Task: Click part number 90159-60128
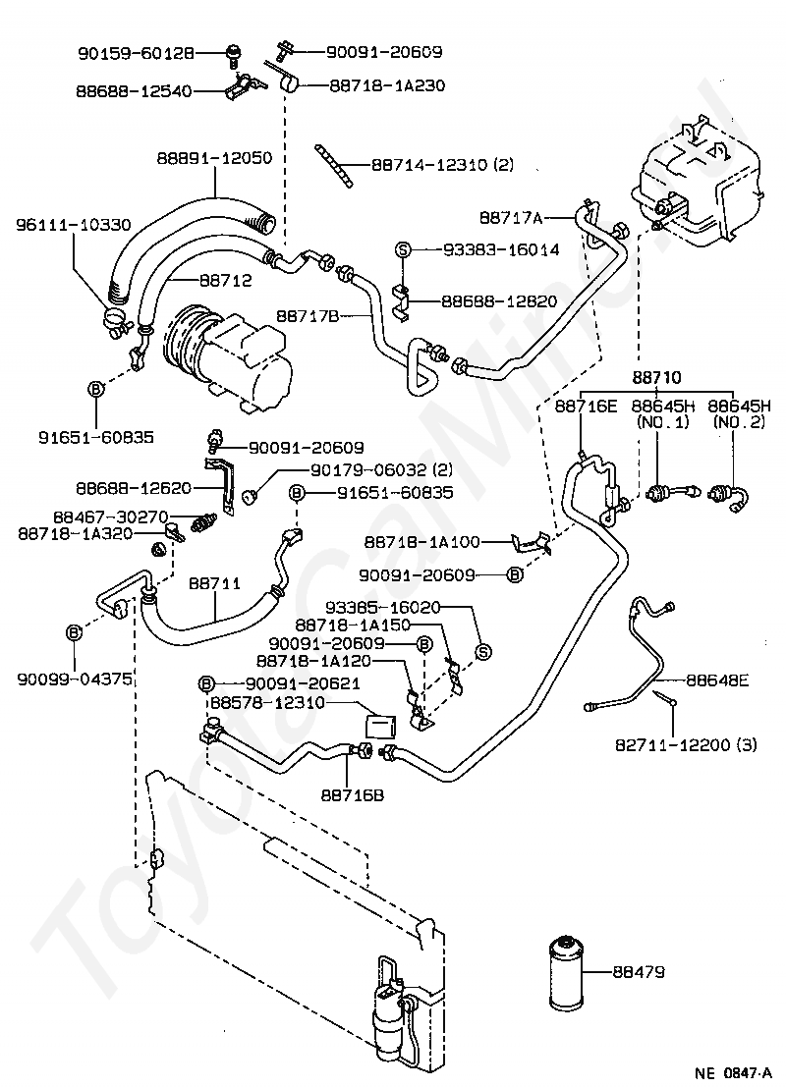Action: coord(137,53)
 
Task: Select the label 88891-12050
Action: coord(214,158)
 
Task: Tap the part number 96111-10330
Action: coord(74,225)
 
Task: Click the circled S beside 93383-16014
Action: coord(403,249)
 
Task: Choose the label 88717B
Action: coord(307,316)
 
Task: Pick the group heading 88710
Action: coord(656,378)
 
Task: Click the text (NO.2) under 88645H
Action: coord(739,422)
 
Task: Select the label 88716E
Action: coord(586,406)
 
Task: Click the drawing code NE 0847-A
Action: coord(733,1072)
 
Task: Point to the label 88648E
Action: coord(717,680)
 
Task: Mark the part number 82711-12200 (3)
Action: coord(686,745)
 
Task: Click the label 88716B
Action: coord(352,795)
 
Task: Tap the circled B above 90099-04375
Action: coord(75,632)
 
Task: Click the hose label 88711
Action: coord(214,583)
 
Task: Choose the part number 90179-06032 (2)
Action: coord(381,470)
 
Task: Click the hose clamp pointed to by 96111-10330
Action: coord(118,320)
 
